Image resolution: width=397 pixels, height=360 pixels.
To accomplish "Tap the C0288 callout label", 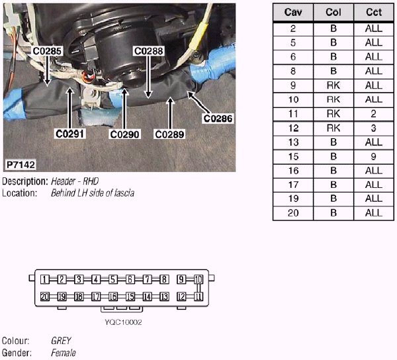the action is click(148, 50).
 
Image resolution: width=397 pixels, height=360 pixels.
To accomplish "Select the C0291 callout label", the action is click(71, 134).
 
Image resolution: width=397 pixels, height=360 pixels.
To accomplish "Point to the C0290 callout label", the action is click(125, 134).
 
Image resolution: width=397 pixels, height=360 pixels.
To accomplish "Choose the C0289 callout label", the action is click(169, 134).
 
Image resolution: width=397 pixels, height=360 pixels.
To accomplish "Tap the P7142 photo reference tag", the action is click(21, 163).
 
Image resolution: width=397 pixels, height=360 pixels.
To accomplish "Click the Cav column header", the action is click(292, 13).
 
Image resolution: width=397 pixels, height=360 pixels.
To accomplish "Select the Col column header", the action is click(333, 13).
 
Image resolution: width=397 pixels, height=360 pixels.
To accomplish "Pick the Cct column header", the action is click(373, 13).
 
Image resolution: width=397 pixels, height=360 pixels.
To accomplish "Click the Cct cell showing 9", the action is click(373, 156).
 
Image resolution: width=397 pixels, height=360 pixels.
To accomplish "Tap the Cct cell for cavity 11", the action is click(373, 114).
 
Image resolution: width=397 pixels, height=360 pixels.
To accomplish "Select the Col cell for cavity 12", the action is click(333, 128).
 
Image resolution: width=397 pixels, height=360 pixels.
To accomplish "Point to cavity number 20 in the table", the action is click(292, 212).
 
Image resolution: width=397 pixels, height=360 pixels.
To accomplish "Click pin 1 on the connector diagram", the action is click(44, 280).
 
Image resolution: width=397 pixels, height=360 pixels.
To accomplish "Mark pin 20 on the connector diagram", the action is click(44, 296).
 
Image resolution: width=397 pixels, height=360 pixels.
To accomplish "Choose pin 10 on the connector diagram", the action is click(198, 280).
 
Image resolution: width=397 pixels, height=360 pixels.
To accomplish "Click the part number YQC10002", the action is click(123, 322).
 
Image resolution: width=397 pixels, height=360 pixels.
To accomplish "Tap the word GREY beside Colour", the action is click(61, 341).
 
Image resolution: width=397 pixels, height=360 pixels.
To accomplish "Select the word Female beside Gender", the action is click(64, 353).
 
